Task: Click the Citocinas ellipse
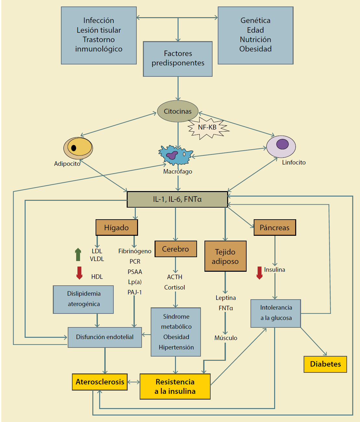178,111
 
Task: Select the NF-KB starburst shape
208,128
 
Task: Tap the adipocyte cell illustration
78,148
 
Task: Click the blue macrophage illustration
175,155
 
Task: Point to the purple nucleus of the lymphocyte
282,144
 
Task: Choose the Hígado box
117,228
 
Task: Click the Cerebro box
176,249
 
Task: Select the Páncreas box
274,228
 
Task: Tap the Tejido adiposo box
225,256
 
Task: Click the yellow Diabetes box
325,364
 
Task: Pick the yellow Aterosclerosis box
100,382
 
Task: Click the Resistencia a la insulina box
175,386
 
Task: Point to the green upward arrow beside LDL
78,255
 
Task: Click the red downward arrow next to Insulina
260,273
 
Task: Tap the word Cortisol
175,287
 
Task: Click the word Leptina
226,298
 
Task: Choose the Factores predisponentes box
178,59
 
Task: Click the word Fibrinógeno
135,251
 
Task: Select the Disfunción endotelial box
105,337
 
